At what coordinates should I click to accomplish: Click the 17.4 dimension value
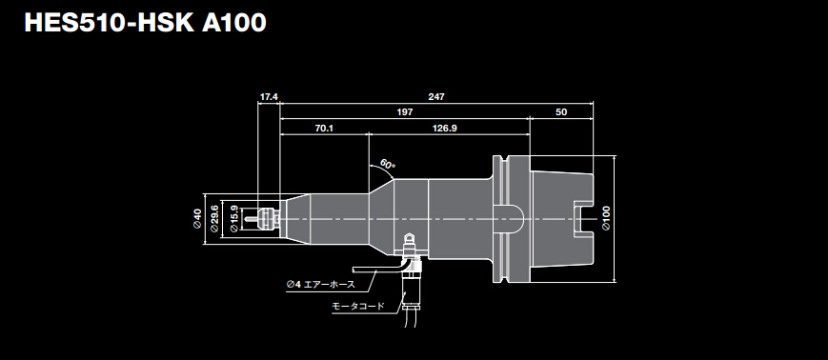coord(269,97)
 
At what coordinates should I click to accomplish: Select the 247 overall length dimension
coord(436,97)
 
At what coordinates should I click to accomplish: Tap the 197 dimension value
coord(404,112)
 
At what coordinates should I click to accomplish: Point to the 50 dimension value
coord(560,112)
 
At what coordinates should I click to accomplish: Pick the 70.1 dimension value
coord(323,128)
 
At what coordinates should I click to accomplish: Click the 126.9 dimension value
coord(444,128)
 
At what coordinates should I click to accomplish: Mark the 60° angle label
coord(387,164)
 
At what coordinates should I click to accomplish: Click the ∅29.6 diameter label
coord(214,220)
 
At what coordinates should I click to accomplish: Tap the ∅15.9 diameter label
coord(233,220)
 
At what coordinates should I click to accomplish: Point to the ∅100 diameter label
coord(606,220)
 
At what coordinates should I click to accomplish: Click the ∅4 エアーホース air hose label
coord(320,284)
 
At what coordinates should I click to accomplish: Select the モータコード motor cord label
coord(358,306)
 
